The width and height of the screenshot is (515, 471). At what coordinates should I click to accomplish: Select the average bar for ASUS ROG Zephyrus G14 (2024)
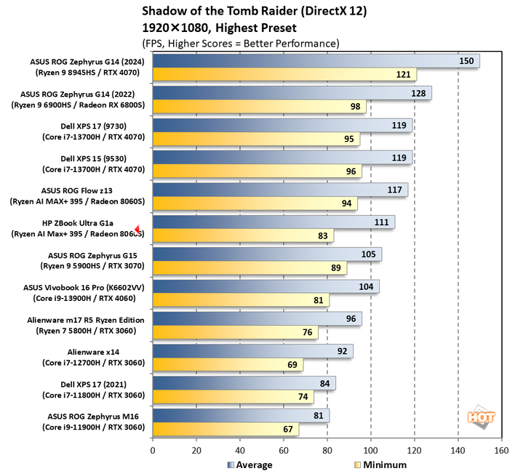pos(316,61)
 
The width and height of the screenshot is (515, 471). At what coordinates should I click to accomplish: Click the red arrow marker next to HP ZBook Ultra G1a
pos(137,229)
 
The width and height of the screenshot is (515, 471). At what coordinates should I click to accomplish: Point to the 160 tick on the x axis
pos(501,450)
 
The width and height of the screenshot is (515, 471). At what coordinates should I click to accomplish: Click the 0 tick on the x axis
pos(153,450)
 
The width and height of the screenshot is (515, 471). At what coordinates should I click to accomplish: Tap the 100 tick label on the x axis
pos(370,450)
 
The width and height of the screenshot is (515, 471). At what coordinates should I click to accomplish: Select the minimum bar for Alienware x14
pos(228,364)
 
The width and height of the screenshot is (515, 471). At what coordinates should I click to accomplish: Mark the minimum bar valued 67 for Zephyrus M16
pos(225,429)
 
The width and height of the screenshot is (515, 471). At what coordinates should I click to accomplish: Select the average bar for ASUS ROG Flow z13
pos(280,190)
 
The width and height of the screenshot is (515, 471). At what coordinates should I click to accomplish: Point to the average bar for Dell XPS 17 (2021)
pos(244,383)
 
